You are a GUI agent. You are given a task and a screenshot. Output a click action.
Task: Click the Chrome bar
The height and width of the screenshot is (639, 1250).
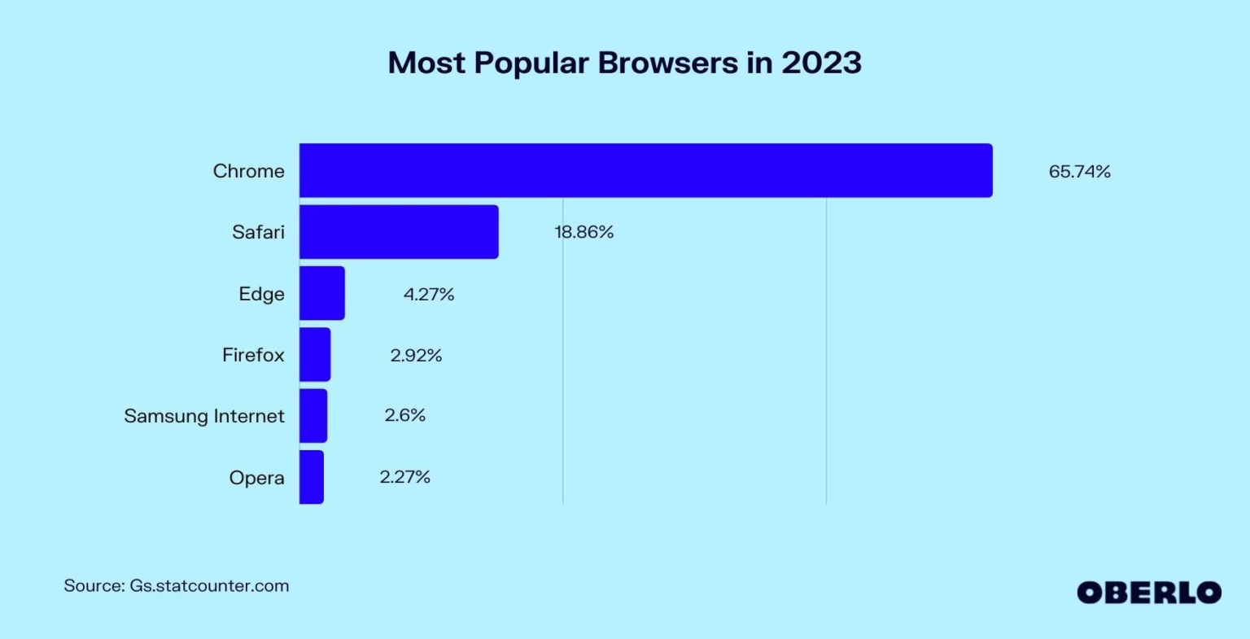645,171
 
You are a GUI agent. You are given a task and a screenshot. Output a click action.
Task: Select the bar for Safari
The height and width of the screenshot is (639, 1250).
399,232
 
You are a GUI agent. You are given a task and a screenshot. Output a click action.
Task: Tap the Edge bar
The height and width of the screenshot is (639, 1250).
322,293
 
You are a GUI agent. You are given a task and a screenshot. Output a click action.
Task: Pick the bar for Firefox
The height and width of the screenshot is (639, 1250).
315,354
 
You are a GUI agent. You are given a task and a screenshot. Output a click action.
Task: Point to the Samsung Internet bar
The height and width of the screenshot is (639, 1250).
313,415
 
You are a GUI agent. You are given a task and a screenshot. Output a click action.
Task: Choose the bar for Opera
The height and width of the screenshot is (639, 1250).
312,477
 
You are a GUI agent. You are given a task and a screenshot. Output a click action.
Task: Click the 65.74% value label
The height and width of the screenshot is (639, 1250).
1079,171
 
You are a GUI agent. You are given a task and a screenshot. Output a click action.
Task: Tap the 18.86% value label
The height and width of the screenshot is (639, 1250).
583,232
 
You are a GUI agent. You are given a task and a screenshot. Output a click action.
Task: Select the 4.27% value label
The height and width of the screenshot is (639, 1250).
429,294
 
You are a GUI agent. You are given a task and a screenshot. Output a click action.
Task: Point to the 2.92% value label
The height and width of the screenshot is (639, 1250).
416,355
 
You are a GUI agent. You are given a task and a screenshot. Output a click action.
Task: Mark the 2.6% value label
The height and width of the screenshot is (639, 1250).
405,415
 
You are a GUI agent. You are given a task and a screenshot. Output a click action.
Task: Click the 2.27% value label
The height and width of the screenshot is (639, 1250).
404,476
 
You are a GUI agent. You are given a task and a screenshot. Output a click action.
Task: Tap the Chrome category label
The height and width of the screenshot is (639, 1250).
249,171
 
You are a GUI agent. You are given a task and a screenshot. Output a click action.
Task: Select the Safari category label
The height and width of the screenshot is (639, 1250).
258,232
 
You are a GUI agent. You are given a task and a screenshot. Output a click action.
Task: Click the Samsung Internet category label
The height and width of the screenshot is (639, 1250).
204,416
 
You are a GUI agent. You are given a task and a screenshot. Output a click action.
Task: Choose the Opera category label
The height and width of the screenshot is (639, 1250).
256,478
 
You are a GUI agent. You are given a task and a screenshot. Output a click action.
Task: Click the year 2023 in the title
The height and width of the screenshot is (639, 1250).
821,63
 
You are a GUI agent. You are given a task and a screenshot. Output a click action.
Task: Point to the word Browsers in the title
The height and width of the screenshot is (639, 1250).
668,63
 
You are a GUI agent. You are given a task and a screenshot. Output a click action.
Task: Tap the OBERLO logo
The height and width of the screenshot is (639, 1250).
1149,592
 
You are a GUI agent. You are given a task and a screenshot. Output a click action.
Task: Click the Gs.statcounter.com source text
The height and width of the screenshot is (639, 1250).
209,585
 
